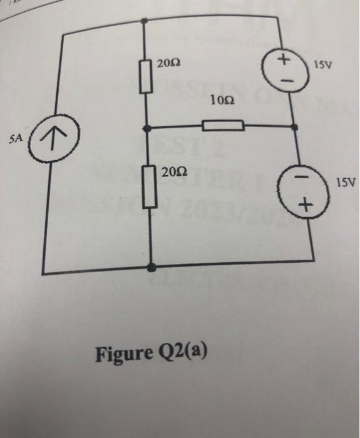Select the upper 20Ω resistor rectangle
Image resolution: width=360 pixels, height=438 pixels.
click(x=146, y=74)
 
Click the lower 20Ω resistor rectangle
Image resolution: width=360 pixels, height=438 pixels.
click(x=149, y=187)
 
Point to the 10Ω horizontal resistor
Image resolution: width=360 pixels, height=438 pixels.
click(x=224, y=125)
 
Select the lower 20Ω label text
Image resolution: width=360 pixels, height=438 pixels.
click(x=173, y=172)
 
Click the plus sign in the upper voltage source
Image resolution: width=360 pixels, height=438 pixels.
click(x=284, y=61)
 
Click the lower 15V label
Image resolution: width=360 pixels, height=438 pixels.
click(x=346, y=185)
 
